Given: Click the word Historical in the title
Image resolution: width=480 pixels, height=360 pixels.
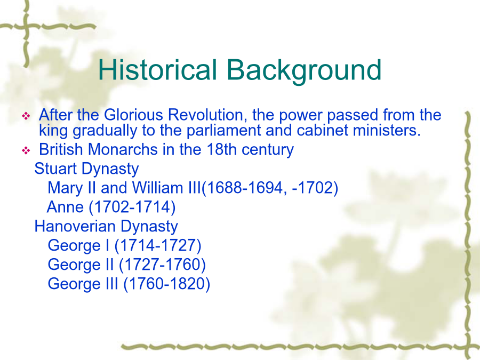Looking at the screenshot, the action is click(157, 69).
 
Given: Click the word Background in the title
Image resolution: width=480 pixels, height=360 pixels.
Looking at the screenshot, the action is click(304, 71).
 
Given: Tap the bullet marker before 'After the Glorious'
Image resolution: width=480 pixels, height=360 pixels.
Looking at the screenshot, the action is click(26, 116).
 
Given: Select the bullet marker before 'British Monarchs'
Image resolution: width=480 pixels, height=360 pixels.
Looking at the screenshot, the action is click(26, 150).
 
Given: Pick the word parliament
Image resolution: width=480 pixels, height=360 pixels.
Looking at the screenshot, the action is click(224, 131).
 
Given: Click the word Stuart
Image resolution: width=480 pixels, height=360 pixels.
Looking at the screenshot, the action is click(55, 169).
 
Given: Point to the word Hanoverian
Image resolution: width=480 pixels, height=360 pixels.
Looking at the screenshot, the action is click(75, 226).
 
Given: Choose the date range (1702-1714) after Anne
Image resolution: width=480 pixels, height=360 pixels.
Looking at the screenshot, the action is click(132, 207).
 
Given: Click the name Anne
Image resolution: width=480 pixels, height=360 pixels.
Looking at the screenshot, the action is click(65, 207).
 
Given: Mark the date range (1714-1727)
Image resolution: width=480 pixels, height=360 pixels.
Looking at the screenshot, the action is click(158, 245).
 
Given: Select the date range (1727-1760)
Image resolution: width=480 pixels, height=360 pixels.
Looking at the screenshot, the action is click(162, 265).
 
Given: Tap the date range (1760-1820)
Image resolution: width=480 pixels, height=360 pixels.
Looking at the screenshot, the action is click(166, 284).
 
